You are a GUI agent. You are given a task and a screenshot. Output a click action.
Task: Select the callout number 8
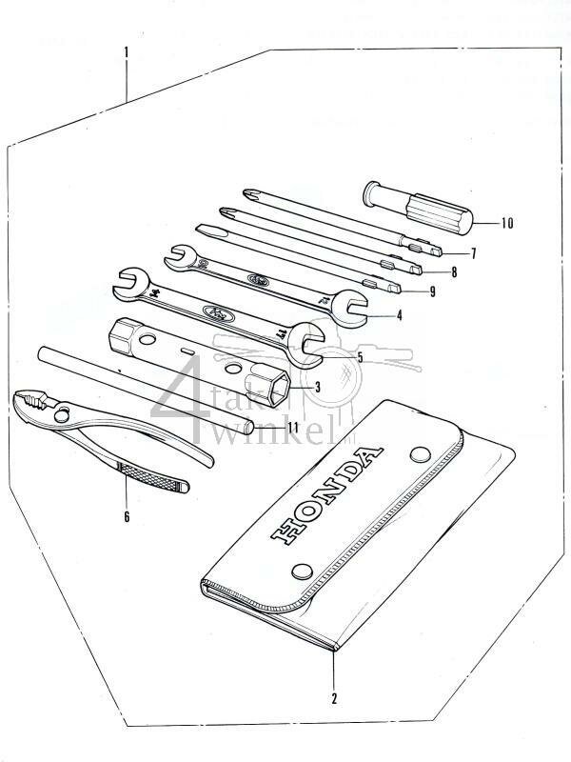click(x=454, y=272)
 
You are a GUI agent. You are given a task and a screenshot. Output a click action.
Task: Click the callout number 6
click(x=126, y=517)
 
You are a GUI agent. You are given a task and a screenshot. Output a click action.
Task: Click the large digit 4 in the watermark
click(x=195, y=391)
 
